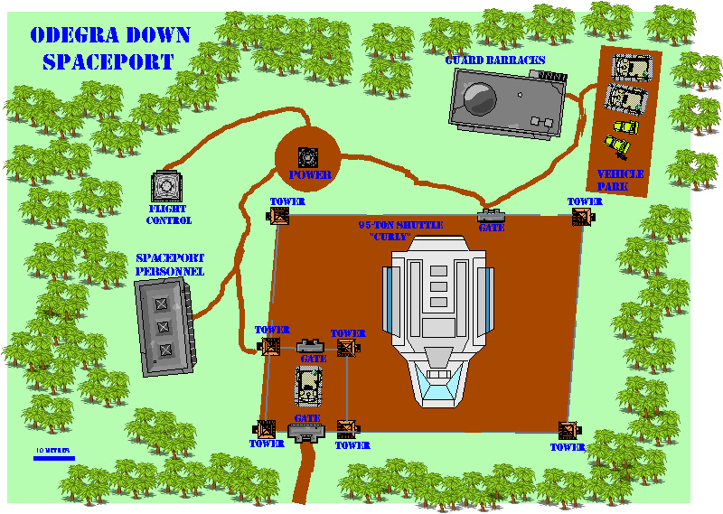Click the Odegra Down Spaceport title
(x=109, y=49)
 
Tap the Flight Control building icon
(x=166, y=185)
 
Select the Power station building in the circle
(x=308, y=154)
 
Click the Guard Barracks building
(x=509, y=103)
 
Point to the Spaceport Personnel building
(x=165, y=326)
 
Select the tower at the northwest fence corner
(x=279, y=216)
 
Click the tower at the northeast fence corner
(x=583, y=216)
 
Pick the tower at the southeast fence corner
(x=568, y=431)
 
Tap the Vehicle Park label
(x=620, y=180)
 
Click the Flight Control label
(x=169, y=214)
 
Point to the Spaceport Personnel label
(x=169, y=264)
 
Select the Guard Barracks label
(x=494, y=61)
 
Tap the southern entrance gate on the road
(x=307, y=433)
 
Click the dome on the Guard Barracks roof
(x=478, y=95)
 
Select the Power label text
(x=310, y=175)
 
